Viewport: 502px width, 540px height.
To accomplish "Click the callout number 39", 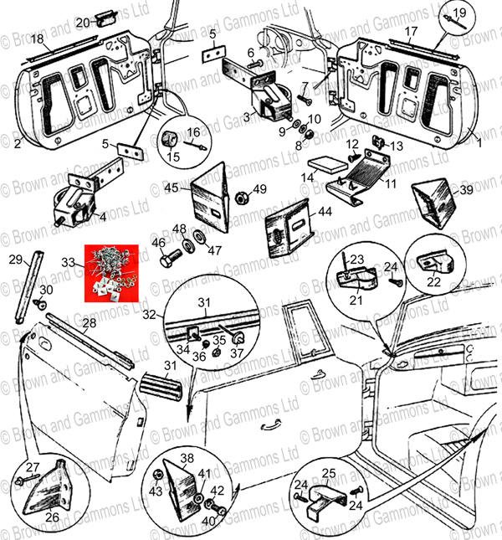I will pos(467,190).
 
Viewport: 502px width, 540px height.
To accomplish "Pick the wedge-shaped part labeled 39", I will pos(434,202).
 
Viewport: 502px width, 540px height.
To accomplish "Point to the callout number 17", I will pos(411,32).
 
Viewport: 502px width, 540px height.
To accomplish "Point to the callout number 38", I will pos(188,458).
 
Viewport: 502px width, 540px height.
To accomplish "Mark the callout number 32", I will pos(149,316).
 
